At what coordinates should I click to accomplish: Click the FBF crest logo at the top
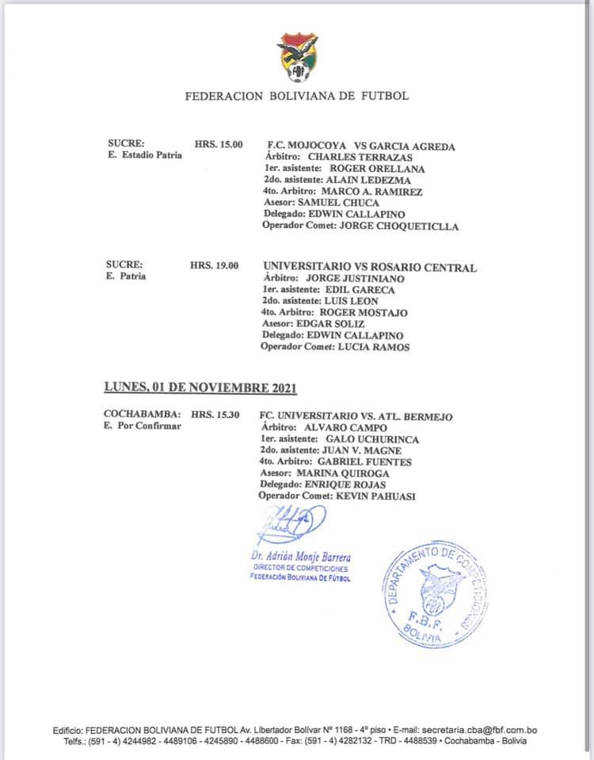297,57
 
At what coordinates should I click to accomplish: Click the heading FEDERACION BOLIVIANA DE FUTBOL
297,97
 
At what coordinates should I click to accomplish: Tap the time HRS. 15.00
219,145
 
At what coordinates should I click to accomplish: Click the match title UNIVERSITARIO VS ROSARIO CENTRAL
370,268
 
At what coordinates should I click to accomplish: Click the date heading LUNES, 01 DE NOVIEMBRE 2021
200,388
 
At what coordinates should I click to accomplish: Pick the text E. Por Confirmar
143,426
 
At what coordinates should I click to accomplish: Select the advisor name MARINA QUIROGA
364,473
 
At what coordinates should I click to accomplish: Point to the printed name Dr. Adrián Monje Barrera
301,557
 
